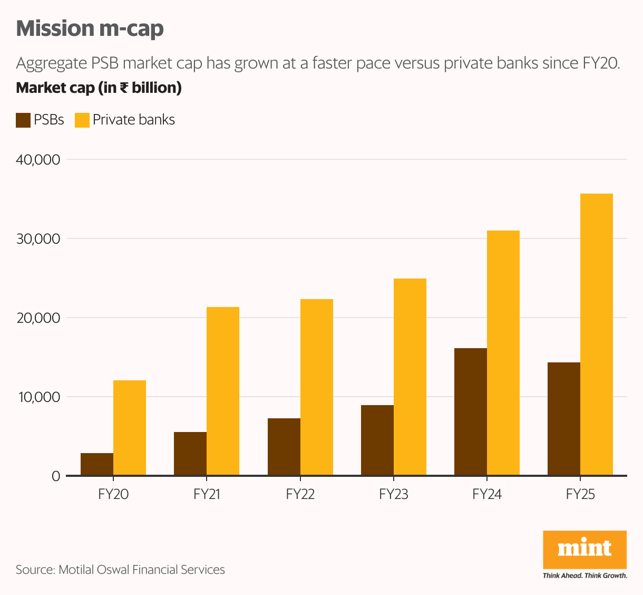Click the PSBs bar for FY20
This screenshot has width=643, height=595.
coord(97,464)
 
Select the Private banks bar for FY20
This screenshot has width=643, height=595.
coord(130,428)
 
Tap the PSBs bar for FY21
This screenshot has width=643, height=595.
coord(190,454)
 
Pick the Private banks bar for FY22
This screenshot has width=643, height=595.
coord(317,387)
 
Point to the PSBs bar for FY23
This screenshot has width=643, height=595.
coord(377,440)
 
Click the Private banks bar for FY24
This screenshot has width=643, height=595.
coord(503,353)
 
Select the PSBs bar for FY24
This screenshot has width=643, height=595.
coord(471,411)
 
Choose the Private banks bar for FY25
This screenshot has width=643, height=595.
coord(597,334)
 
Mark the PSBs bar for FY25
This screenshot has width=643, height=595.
coord(564,419)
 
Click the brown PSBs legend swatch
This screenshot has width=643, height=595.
coord(23,120)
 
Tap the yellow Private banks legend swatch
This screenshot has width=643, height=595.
coord(82,120)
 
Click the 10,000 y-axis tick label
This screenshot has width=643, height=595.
coord(40,397)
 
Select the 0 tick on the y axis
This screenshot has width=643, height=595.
coord(56,476)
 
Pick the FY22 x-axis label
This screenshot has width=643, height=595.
coord(300,494)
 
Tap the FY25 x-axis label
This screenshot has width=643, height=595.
coord(580,494)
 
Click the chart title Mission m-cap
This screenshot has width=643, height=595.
coord(90,28)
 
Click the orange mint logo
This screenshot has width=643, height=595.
coord(584,550)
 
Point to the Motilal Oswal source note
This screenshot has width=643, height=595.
coord(120,570)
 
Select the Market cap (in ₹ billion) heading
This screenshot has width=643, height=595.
coord(99,88)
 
